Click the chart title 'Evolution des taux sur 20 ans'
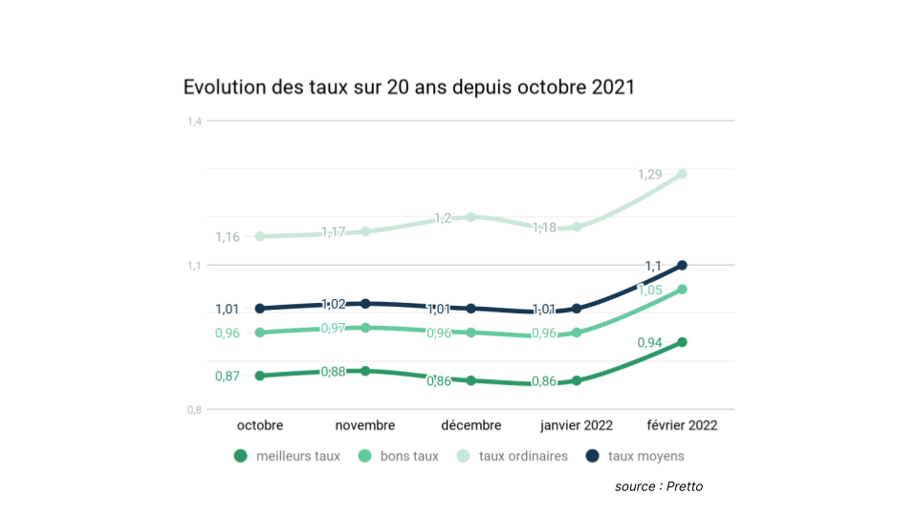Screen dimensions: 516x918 click(x=408, y=87)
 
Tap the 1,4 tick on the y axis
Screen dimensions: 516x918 click(x=195, y=121)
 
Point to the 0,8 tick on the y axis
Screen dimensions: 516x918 click(x=195, y=410)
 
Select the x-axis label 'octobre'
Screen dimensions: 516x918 click(x=260, y=425)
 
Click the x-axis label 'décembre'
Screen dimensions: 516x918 click(x=470, y=425)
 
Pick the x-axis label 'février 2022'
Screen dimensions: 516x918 click(x=681, y=425)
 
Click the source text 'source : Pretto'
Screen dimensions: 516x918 click(x=659, y=486)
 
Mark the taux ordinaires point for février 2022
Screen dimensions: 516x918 click(x=682, y=174)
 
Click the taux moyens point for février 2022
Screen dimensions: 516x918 click(x=682, y=265)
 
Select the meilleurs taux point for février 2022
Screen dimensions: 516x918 click(x=682, y=342)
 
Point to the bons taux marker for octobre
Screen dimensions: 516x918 click(x=260, y=333)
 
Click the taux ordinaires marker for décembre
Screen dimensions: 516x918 click(x=470, y=217)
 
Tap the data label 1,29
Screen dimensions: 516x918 click(x=650, y=175)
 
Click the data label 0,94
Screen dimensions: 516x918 click(x=650, y=343)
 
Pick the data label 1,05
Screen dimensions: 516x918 click(x=650, y=290)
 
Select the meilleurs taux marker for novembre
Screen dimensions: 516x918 click(x=365, y=371)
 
